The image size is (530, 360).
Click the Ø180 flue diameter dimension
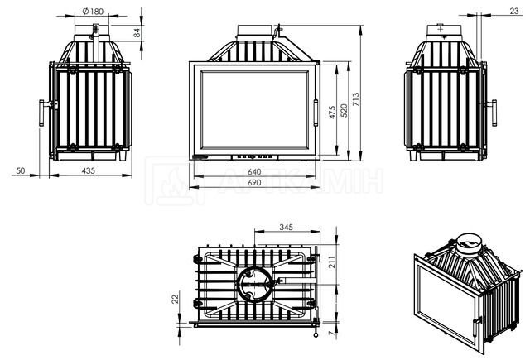(x=93, y=11)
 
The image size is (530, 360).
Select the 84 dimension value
(x=137, y=33)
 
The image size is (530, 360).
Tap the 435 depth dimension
(x=89, y=170)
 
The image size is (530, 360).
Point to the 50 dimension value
(x=21, y=170)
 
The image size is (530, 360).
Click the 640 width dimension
(x=254, y=172)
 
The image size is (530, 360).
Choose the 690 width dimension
(x=254, y=183)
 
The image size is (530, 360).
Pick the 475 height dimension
(x=332, y=112)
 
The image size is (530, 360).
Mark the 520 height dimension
(x=344, y=110)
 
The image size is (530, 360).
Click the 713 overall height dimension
(x=356, y=99)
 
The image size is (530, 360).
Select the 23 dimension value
(x=513, y=11)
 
